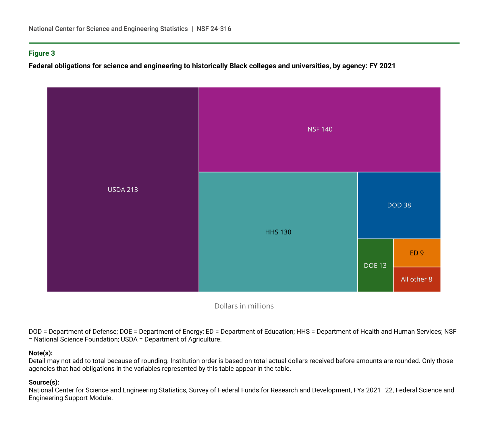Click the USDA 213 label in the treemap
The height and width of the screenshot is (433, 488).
[x=123, y=190]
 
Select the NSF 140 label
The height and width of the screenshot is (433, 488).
[x=320, y=129]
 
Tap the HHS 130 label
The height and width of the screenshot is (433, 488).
[x=278, y=232]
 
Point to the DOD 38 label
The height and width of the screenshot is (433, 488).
[x=399, y=205]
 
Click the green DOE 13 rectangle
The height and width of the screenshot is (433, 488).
[x=375, y=265]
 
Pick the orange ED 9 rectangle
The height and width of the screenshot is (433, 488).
[x=417, y=253]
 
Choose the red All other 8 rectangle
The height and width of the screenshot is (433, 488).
[x=416, y=279]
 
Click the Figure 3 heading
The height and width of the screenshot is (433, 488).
[x=42, y=53]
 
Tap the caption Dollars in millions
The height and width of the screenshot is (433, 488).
[x=244, y=306]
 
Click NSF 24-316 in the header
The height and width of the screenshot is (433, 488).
[x=214, y=29]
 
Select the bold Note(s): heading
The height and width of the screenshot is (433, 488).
[x=40, y=353]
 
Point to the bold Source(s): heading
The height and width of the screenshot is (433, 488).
[x=44, y=382]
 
